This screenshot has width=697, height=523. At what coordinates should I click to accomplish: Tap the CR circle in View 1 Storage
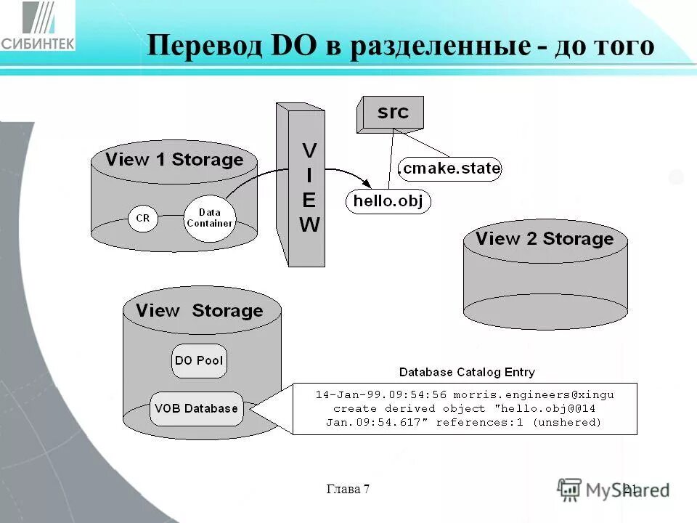(143, 219)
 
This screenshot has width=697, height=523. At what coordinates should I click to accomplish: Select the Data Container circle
(209, 217)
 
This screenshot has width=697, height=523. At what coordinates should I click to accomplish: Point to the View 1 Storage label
(174, 159)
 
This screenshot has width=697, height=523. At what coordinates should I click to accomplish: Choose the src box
(393, 113)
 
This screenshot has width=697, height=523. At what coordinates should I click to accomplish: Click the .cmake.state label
(450, 169)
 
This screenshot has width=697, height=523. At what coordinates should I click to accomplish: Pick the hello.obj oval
(388, 201)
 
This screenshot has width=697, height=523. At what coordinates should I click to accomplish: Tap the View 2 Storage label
(545, 238)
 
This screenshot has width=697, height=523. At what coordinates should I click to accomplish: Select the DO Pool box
(199, 360)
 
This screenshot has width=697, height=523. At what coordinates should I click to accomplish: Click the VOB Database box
(196, 408)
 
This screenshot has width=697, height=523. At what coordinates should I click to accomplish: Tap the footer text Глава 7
(348, 489)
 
